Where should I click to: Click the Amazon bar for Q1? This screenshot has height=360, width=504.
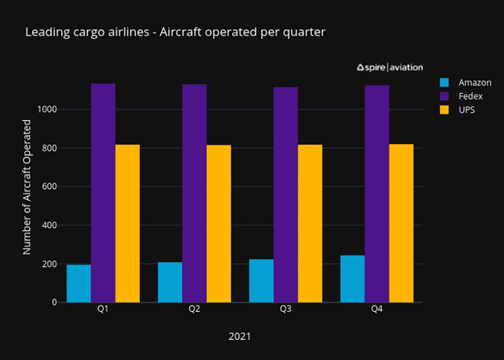tap(79, 283)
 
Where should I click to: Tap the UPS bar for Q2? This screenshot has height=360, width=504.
tap(219, 224)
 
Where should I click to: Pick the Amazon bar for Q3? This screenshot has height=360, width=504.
tap(261, 281)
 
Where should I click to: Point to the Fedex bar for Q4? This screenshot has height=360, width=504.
tap(376, 194)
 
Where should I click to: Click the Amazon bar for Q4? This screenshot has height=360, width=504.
tap(352, 279)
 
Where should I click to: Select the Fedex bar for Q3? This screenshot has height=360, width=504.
tap(285, 195)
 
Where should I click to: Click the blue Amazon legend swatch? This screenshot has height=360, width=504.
tap(444, 83)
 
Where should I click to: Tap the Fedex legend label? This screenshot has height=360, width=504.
tap(470, 96)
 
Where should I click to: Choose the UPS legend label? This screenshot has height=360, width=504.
tap(467, 110)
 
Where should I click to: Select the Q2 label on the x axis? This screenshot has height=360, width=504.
tap(194, 310)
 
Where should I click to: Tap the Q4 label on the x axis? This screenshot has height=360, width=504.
tap(376, 310)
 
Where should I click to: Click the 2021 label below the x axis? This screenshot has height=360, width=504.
tap(239, 336)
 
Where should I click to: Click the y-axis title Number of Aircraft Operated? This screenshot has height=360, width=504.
tap(27, 187)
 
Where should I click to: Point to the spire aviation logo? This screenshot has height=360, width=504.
tap(390, 67)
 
